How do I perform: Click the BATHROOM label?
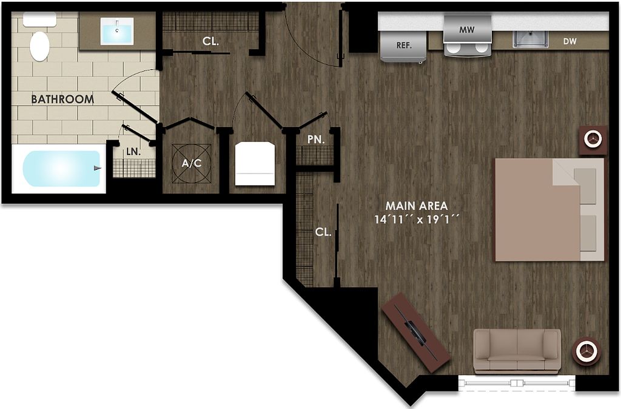click(62, 99)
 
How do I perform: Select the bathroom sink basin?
click(117, 31)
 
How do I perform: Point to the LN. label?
click(133, 152)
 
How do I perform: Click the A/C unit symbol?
click(192, 163)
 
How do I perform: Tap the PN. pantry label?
click(315, 139)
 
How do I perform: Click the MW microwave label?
click(466, 29)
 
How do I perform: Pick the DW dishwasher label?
click(569, 41)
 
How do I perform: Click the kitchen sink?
click(531, 38)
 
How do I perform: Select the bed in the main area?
click(549, 209)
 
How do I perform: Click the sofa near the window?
click(517, 351)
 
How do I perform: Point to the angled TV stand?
click(415, 332)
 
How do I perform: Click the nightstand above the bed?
click(592, 140)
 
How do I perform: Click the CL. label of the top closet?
click(210, 41)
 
